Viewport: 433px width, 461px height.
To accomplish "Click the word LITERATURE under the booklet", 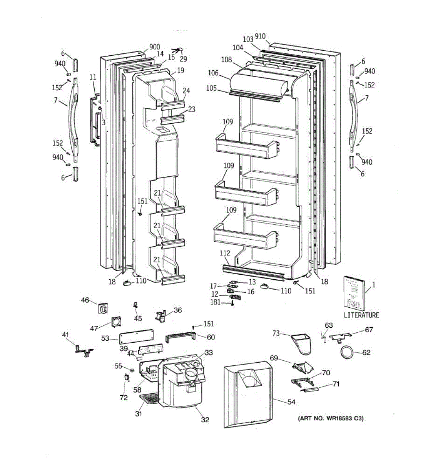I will [361, 315].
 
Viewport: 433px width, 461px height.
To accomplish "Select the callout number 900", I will [154, 47].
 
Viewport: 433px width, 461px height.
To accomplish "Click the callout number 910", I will [260, 36].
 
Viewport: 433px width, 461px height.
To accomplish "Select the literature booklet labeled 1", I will [353, 292].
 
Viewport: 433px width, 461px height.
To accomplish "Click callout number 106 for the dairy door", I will [213, 73].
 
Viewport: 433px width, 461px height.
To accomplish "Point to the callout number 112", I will [225, 253].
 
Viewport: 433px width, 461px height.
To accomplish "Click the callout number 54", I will [291, 402].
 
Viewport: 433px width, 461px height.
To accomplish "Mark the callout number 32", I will [205, 420].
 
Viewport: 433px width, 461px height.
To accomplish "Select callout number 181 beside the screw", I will [215, 302].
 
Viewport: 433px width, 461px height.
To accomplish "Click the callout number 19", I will [181, 70].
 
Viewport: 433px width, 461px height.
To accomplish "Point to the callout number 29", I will [184, 59].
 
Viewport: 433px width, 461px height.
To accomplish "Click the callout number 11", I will [93, 77].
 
